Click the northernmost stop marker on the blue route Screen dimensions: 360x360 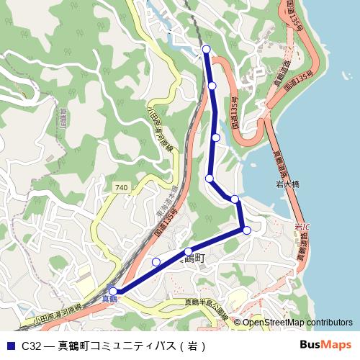pyautogui.click(x=207, y=49)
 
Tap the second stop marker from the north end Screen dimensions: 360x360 pyautogui.click(x=212, y=86)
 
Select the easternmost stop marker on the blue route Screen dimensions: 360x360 pyautogui.click(x=247, y=230)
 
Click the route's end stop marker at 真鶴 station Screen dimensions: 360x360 pyautogui.click(x=113, y=292)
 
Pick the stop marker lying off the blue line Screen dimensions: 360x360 pyautogui.click(x=156, y=261)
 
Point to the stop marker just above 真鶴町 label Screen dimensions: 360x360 pyautogui.click(x=189, y=251)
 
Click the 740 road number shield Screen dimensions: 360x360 pyautogui.click(x=120, y=187)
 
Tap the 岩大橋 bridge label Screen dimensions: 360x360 pyautogui.click(x=288, y=184)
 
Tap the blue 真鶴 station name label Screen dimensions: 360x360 pyautogui.click(x=109, y=298)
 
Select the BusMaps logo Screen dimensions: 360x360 pyautogui.click(x=325, y=344)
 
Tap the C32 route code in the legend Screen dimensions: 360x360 pyautogui.click(x=30, y=345)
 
